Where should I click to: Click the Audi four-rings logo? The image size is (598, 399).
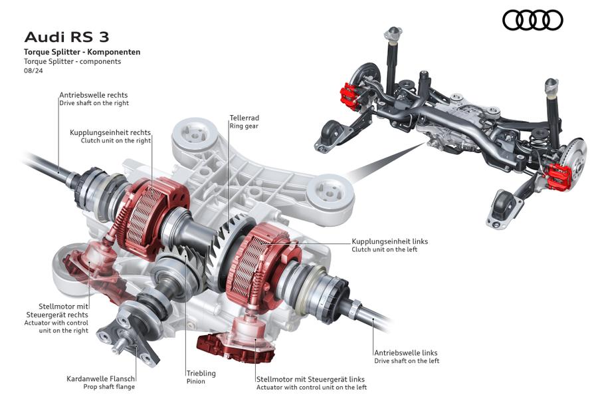tap(532, 21)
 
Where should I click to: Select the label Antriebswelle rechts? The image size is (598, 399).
tap(93, 95)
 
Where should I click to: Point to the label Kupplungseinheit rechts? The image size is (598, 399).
tap(110, 132)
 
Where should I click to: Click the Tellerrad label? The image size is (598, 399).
tap(244, 117)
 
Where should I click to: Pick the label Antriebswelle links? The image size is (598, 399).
tap(405, 352)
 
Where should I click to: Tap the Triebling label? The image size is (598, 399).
tap(201, 373)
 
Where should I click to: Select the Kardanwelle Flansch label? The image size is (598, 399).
tap(100, 378)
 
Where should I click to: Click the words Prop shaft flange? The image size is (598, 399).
tap(108, 386)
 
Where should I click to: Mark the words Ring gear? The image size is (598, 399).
tap(244, 126)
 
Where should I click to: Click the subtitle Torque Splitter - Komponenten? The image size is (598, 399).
tap(82, 52)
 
